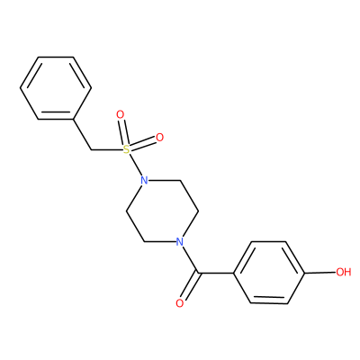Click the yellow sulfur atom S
[x=127, y=148]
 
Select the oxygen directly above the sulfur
[x=121, y=114]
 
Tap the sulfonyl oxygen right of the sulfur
[x=160, y=138]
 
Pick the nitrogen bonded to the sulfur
[x=144, y=181]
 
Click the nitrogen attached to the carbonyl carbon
[x=179, y=241]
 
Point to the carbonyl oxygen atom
[x=179, y=303]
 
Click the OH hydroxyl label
[x=343, y=272]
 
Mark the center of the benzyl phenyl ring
[x=56, y=88]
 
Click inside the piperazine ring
[x=162, y=211]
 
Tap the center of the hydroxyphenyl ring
[x=269, y=273]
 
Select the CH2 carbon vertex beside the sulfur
[x=91, y=149]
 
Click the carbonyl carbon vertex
[x=197, y=273]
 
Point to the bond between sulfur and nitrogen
[x=136, y=165]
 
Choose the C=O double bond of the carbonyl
[x=189, y=287]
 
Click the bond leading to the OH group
[x=320, y=273]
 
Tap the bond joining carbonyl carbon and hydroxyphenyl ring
[x=215, y=273]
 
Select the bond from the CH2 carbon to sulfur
[x=107, y=149]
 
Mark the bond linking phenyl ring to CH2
[x=83, y=134]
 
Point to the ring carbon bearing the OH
[x=305, y=273]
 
